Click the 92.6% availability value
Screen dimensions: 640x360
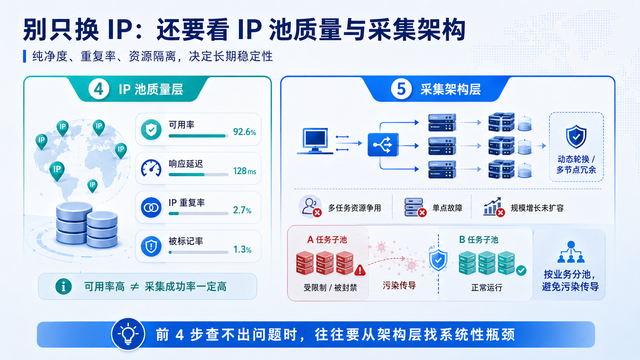point(245,132)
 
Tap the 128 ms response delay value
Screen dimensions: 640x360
point(245,171)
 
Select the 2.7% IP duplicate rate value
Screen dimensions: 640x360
point(242,210)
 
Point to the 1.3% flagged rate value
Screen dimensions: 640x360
point(242,249)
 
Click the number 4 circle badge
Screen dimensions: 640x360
point(99,89)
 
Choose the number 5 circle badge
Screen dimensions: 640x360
point(401,89)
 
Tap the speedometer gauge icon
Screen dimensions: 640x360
point(151,168)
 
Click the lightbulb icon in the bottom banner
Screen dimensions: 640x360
point(128,334)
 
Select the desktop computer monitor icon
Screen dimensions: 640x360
point(315,141)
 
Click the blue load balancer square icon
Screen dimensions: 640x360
point(383,145)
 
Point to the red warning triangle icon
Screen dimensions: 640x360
point(360,270)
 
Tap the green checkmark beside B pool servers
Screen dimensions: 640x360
point(521,270)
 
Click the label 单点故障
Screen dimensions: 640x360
point(447,208)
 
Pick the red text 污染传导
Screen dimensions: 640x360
point(399,285)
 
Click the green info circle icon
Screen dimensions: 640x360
point(64,286)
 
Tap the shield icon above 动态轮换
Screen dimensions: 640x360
point(576,137)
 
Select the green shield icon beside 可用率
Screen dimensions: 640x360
point(151,130)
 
